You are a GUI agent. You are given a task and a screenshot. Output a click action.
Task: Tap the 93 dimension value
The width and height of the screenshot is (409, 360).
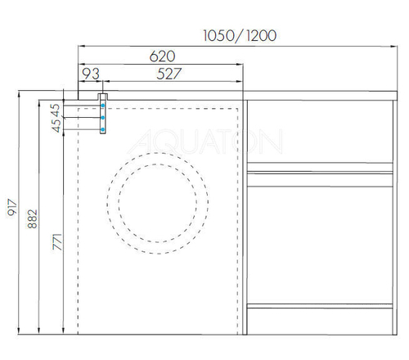click(x=90, y=73)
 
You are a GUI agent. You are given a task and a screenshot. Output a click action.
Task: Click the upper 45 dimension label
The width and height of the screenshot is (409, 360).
click(x=56, y=110)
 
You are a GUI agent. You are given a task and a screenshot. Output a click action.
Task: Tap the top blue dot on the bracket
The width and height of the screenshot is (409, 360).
click(x=102, y=106)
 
